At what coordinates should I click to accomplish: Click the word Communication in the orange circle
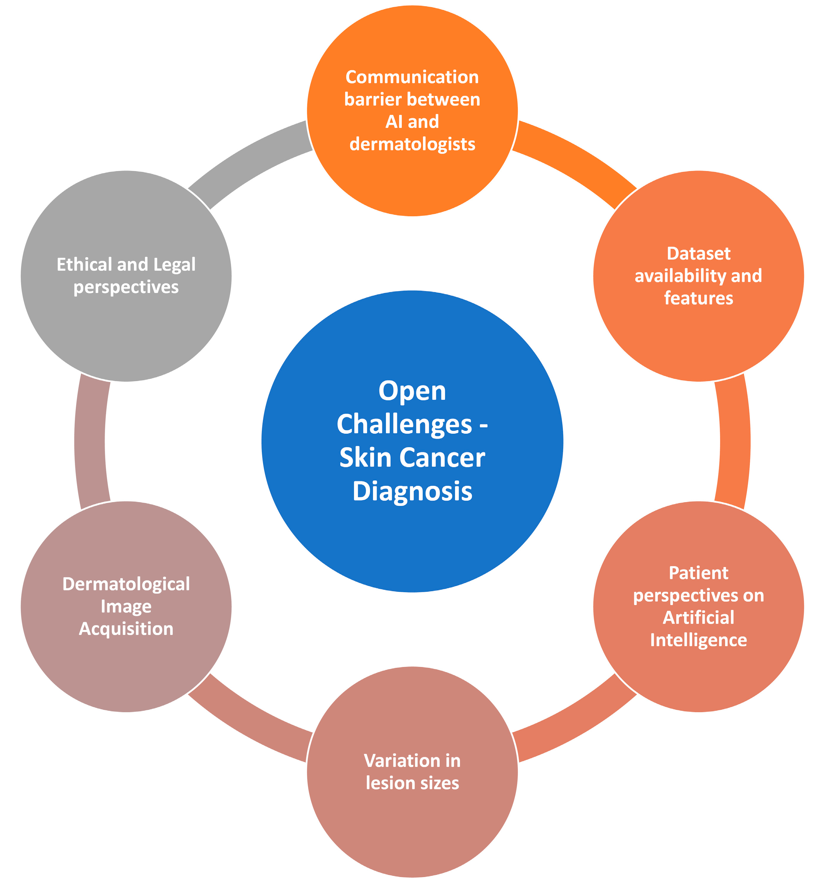point(412,77)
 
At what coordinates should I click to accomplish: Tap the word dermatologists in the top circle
point(412,144)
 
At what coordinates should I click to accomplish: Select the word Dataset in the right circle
point(698,254)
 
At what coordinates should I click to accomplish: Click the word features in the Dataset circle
point(698,298)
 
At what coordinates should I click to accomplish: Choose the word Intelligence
point(698,640)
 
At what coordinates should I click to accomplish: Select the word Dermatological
point(126,584)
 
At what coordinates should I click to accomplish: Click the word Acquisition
point(126,628)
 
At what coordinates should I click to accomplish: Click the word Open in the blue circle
point(412,391)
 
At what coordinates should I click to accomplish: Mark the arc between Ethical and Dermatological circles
point(90,441)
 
